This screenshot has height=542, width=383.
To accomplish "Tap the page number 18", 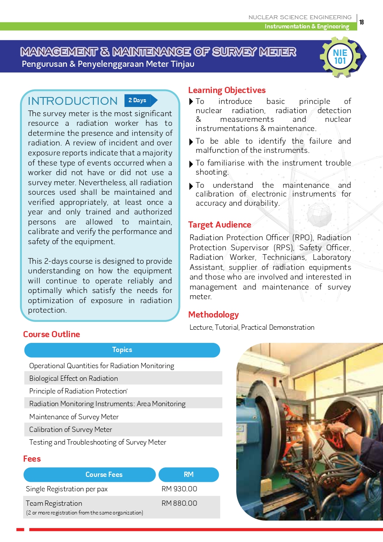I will tap(362, 22).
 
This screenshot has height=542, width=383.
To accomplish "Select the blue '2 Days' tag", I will tap(137, 100).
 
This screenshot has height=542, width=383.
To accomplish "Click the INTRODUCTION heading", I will tap(72, 101).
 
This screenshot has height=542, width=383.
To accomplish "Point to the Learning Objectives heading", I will tap(227, 90).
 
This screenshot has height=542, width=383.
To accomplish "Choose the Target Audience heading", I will tap(219, 224).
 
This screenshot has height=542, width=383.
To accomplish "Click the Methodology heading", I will tap(213, 314).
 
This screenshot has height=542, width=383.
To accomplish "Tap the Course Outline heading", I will tap(52, 334).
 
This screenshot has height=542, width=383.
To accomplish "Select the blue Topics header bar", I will tap(122, 350).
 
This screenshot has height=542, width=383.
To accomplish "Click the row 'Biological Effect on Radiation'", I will tap(73, 378).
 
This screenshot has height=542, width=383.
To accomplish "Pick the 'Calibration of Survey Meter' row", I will tap(71, 429).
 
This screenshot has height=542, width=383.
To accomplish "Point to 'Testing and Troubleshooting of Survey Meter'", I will tap(97, 442).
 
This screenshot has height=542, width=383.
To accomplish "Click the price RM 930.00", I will tap(179, 489).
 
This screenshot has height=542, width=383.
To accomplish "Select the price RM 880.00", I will tap(179, 503).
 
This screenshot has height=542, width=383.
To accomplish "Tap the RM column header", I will tap(189, 474).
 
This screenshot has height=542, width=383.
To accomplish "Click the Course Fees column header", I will tap(104, 474).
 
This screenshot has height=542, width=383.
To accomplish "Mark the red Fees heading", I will tap(32, 459).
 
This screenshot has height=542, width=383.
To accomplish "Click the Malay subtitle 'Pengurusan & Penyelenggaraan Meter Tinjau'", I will tap(108, 64).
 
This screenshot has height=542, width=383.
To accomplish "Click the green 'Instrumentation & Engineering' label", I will tap(307, 27).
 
